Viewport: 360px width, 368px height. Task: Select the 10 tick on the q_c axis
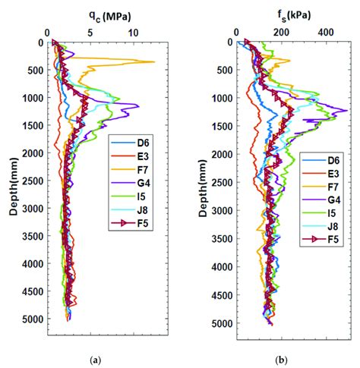(134, 33)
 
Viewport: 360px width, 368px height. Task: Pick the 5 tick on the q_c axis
(90, 33)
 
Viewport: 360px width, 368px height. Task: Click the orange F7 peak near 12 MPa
(154, 62)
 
